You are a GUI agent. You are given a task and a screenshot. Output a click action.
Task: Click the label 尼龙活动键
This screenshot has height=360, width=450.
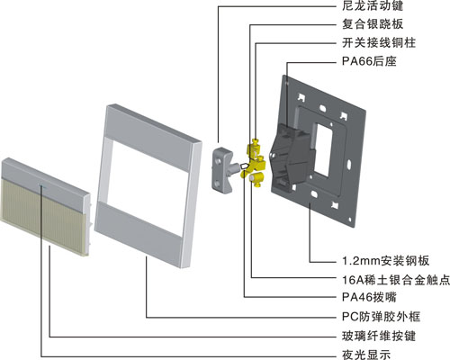coord(373,5)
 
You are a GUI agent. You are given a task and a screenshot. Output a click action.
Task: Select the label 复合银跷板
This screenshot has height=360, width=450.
coord(373,24)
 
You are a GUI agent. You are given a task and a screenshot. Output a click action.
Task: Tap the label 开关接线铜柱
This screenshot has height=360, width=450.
coord(379,42)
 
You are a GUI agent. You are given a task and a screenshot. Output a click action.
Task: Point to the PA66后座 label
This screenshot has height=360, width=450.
coord(369,61)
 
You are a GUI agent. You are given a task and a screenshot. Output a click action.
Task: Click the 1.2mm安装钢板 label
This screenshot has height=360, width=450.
coord(386,260)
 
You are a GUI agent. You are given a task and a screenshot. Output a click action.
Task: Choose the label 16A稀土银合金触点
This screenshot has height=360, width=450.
coord(396,280)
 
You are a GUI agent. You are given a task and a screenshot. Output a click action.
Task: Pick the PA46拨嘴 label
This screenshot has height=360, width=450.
coord(369,297)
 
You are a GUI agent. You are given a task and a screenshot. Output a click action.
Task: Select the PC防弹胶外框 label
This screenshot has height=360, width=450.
coord(381,317)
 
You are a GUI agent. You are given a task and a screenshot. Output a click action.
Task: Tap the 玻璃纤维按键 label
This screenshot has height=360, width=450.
coord(379,336)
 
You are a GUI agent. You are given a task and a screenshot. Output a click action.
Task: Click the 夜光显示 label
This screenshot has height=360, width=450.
coord(366,355)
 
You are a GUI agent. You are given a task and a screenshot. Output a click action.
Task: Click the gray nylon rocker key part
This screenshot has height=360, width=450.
coord(223,169)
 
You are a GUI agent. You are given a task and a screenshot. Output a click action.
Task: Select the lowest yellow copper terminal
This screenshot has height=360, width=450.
coord(256,179)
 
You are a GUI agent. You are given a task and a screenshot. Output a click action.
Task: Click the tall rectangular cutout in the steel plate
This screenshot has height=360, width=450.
coord(323,150)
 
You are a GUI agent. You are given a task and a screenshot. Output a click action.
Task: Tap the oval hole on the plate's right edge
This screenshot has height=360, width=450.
coord(349,166)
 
